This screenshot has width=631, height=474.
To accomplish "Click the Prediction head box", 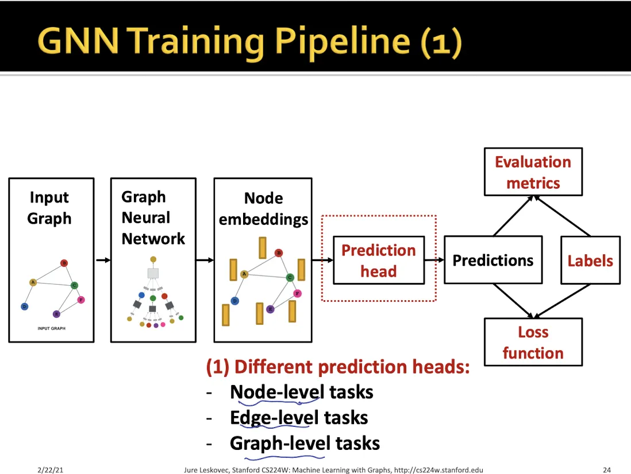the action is point(379,261).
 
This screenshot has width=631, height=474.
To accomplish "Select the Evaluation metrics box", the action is point(533,172).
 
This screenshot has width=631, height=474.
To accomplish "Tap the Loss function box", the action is point(533,342).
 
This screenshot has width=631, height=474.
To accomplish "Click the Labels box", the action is point(590,261).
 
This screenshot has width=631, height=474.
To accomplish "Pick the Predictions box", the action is point(493,260).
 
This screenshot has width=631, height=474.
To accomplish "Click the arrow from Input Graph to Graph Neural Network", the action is point(103,261).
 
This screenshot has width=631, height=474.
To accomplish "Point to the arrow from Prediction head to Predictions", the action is point(434,261).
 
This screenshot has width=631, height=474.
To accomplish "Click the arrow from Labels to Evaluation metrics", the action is point(562,216).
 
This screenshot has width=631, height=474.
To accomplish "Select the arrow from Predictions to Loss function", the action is point(513,301).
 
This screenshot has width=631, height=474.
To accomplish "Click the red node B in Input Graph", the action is point(64,263).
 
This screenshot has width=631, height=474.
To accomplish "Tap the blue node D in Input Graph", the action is point(25,306).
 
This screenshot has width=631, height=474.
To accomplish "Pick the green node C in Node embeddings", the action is point(290,278).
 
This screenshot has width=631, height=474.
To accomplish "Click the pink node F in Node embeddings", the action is point(297,294).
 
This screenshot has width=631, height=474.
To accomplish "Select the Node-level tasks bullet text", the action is point(301,392).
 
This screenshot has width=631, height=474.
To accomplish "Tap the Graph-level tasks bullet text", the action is point(305,444).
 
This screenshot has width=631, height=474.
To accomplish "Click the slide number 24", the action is point(607,469).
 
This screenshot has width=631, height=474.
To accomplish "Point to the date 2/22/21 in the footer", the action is point(51,469).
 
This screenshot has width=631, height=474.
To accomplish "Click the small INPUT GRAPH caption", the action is point(52,328).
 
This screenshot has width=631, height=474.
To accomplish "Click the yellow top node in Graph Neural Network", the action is point(153,259).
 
